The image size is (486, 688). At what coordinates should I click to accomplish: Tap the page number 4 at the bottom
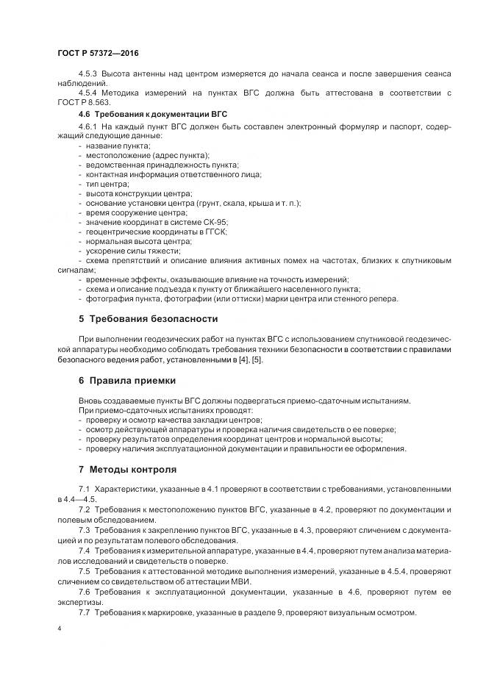point(59,629)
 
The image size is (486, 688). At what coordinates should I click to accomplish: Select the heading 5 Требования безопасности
point(148,318)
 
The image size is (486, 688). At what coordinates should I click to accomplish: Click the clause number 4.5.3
point(87,75)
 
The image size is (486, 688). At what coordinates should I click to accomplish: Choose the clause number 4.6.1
point(87,127)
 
